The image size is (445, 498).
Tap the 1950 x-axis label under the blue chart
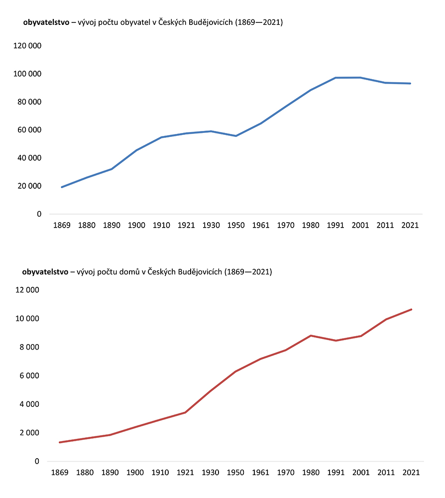point(236,225)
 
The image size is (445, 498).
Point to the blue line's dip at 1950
point(236,136)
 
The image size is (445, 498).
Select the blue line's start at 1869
point(62,187)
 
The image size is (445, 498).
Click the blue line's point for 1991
point(336,78)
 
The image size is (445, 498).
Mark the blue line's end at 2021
point(411,83)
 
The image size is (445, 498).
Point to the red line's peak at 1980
point(310,336)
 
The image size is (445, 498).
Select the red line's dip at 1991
point(335,341)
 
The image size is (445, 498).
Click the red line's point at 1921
point(185,412)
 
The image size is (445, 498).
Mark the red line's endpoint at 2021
point(412,309)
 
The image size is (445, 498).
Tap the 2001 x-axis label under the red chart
point(360,472)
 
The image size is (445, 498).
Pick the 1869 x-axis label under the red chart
point(60,472)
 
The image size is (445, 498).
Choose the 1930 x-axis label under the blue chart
point(212,225)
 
